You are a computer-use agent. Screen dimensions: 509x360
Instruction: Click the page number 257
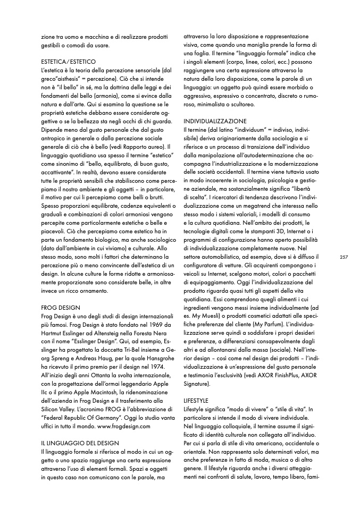pos(343,257)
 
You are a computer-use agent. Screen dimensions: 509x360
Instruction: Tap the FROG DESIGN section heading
pos(60,308)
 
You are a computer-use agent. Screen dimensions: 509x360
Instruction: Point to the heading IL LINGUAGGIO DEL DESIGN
pos(80,442)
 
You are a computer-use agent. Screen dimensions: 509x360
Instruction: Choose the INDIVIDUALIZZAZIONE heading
pos(215,121)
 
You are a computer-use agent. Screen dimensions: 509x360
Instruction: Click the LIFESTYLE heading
pos(196,398)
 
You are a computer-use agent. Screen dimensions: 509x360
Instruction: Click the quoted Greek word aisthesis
pos(68,79)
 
